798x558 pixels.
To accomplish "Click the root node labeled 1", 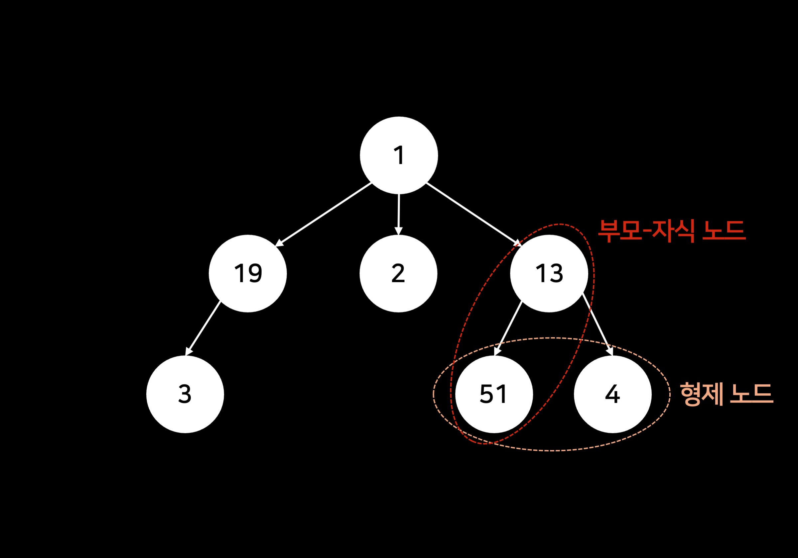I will point(399,155).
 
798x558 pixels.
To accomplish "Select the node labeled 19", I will point(248,273).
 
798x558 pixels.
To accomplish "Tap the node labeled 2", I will point(398,273).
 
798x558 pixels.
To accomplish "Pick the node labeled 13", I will point(549,273).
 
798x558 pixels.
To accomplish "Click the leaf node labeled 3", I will point(185,394).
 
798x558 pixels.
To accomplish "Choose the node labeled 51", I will point(494,394).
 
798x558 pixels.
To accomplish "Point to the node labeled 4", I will point(613,394).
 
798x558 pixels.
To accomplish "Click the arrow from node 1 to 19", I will point(323,215).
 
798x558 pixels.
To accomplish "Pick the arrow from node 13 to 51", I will point(508,328).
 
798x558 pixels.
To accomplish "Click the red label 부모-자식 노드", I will point(672,231).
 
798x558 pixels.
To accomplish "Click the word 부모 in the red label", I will point(620,231).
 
